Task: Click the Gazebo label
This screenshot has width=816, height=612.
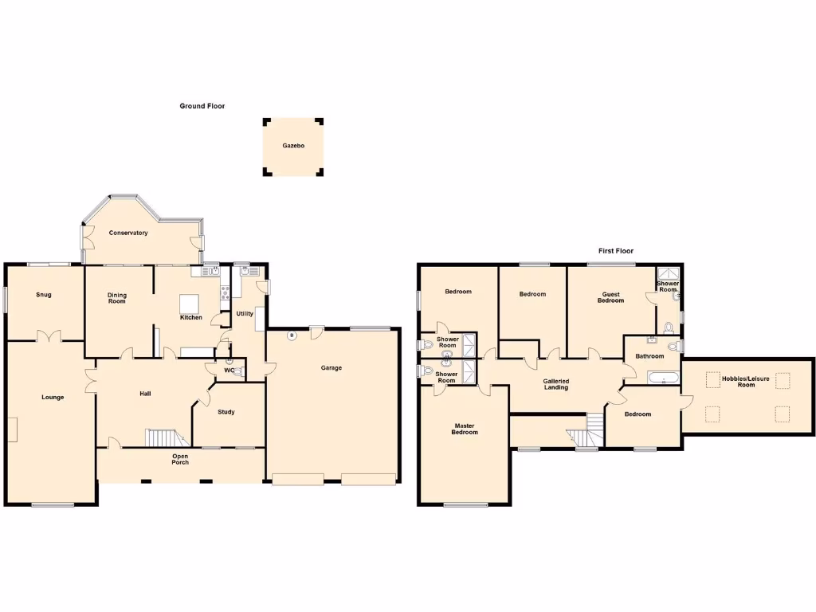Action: coord(293,146)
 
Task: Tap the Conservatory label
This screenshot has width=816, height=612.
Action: coord(129,233)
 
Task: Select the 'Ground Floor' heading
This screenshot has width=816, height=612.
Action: coord(202,106)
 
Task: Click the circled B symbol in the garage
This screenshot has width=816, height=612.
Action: coord(292,335)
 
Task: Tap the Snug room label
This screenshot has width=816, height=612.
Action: coord(44,295)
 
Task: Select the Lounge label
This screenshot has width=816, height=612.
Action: coord(53,397)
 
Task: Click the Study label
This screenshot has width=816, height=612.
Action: coord(226,412)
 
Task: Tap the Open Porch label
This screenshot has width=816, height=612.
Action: coord(181,459)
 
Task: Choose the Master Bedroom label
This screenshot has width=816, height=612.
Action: coord(465,429)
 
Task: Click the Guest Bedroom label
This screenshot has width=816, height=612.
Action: coord(611,297)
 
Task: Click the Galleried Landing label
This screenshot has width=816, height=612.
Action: coord(556,384)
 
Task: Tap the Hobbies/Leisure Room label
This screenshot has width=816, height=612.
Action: coord(746,382)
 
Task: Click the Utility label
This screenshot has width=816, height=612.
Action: coord(245,313)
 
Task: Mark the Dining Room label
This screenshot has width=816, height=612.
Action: coord(117,298)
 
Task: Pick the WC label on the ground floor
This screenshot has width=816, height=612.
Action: coord(229,370)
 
